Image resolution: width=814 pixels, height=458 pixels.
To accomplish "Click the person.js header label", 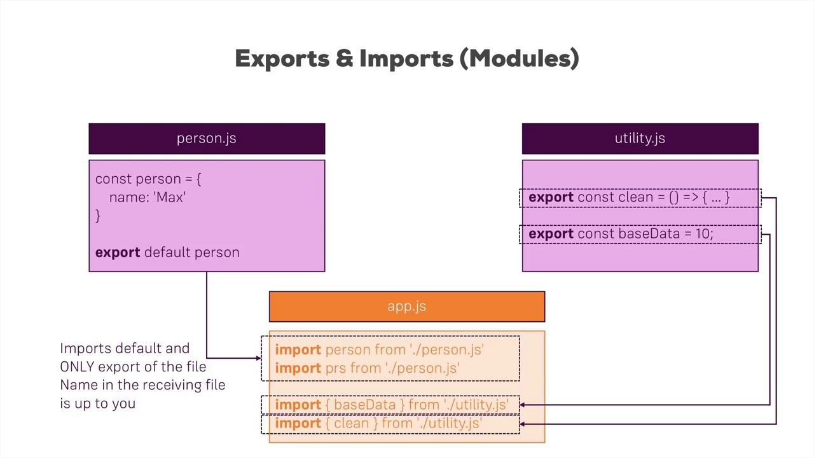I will tap(206, 138).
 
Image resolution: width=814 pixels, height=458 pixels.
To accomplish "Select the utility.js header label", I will tap(640, 138).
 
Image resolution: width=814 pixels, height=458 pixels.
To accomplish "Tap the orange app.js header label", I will tap(406, 306).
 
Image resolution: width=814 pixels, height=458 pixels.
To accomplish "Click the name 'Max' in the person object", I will tap(170, 197).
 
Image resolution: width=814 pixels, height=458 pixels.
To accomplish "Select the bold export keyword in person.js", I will tap(118, 253).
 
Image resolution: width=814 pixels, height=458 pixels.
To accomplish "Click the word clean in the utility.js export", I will tap(636, 197).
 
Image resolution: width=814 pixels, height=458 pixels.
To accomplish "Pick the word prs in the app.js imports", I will tap(335, 368).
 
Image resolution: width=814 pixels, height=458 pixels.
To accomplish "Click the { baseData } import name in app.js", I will tap(364, 405).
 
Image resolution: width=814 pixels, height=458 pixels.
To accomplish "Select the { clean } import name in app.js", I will tap(351, 423).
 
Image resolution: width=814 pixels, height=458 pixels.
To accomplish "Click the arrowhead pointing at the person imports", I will tap(258, 358).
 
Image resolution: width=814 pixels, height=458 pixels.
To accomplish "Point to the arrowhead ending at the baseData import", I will tap(523, 405).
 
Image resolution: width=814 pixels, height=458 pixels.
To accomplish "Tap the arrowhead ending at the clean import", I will tap(523, 423).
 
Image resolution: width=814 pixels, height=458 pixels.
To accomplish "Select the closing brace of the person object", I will tap(98, 216).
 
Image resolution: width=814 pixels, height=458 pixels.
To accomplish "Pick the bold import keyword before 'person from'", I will tap(298, 350).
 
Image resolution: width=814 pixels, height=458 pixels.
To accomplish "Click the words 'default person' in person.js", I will tap(191, 253).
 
